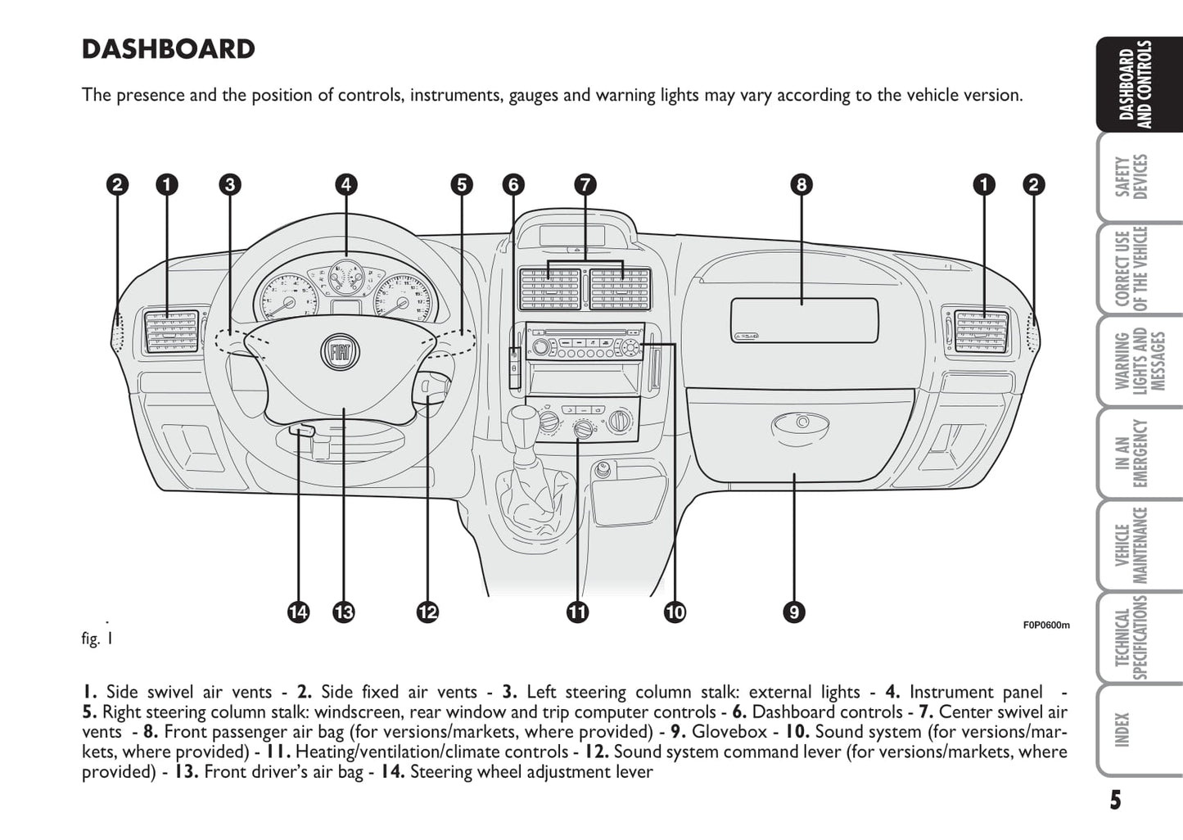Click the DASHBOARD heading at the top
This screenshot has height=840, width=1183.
(169, 49)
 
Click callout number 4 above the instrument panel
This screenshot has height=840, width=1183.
(346, 184)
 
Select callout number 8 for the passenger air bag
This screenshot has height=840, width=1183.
(801, 184)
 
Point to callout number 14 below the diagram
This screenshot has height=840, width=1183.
(299, 612)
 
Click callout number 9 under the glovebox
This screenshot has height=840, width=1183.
(793, 612)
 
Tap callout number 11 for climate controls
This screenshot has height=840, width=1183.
(577, 612)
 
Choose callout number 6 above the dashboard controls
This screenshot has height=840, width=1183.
(513, 184)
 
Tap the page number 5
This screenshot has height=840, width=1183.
(1116, 800)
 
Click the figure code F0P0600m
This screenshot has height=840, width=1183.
(1045, 625)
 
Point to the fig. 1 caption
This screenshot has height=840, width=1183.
(97, 639)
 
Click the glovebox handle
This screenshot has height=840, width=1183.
(800, 424)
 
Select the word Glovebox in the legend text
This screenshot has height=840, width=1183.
(729, 732)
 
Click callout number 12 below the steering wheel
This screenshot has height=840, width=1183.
(427, 612)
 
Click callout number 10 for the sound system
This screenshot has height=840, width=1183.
(675, 612)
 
